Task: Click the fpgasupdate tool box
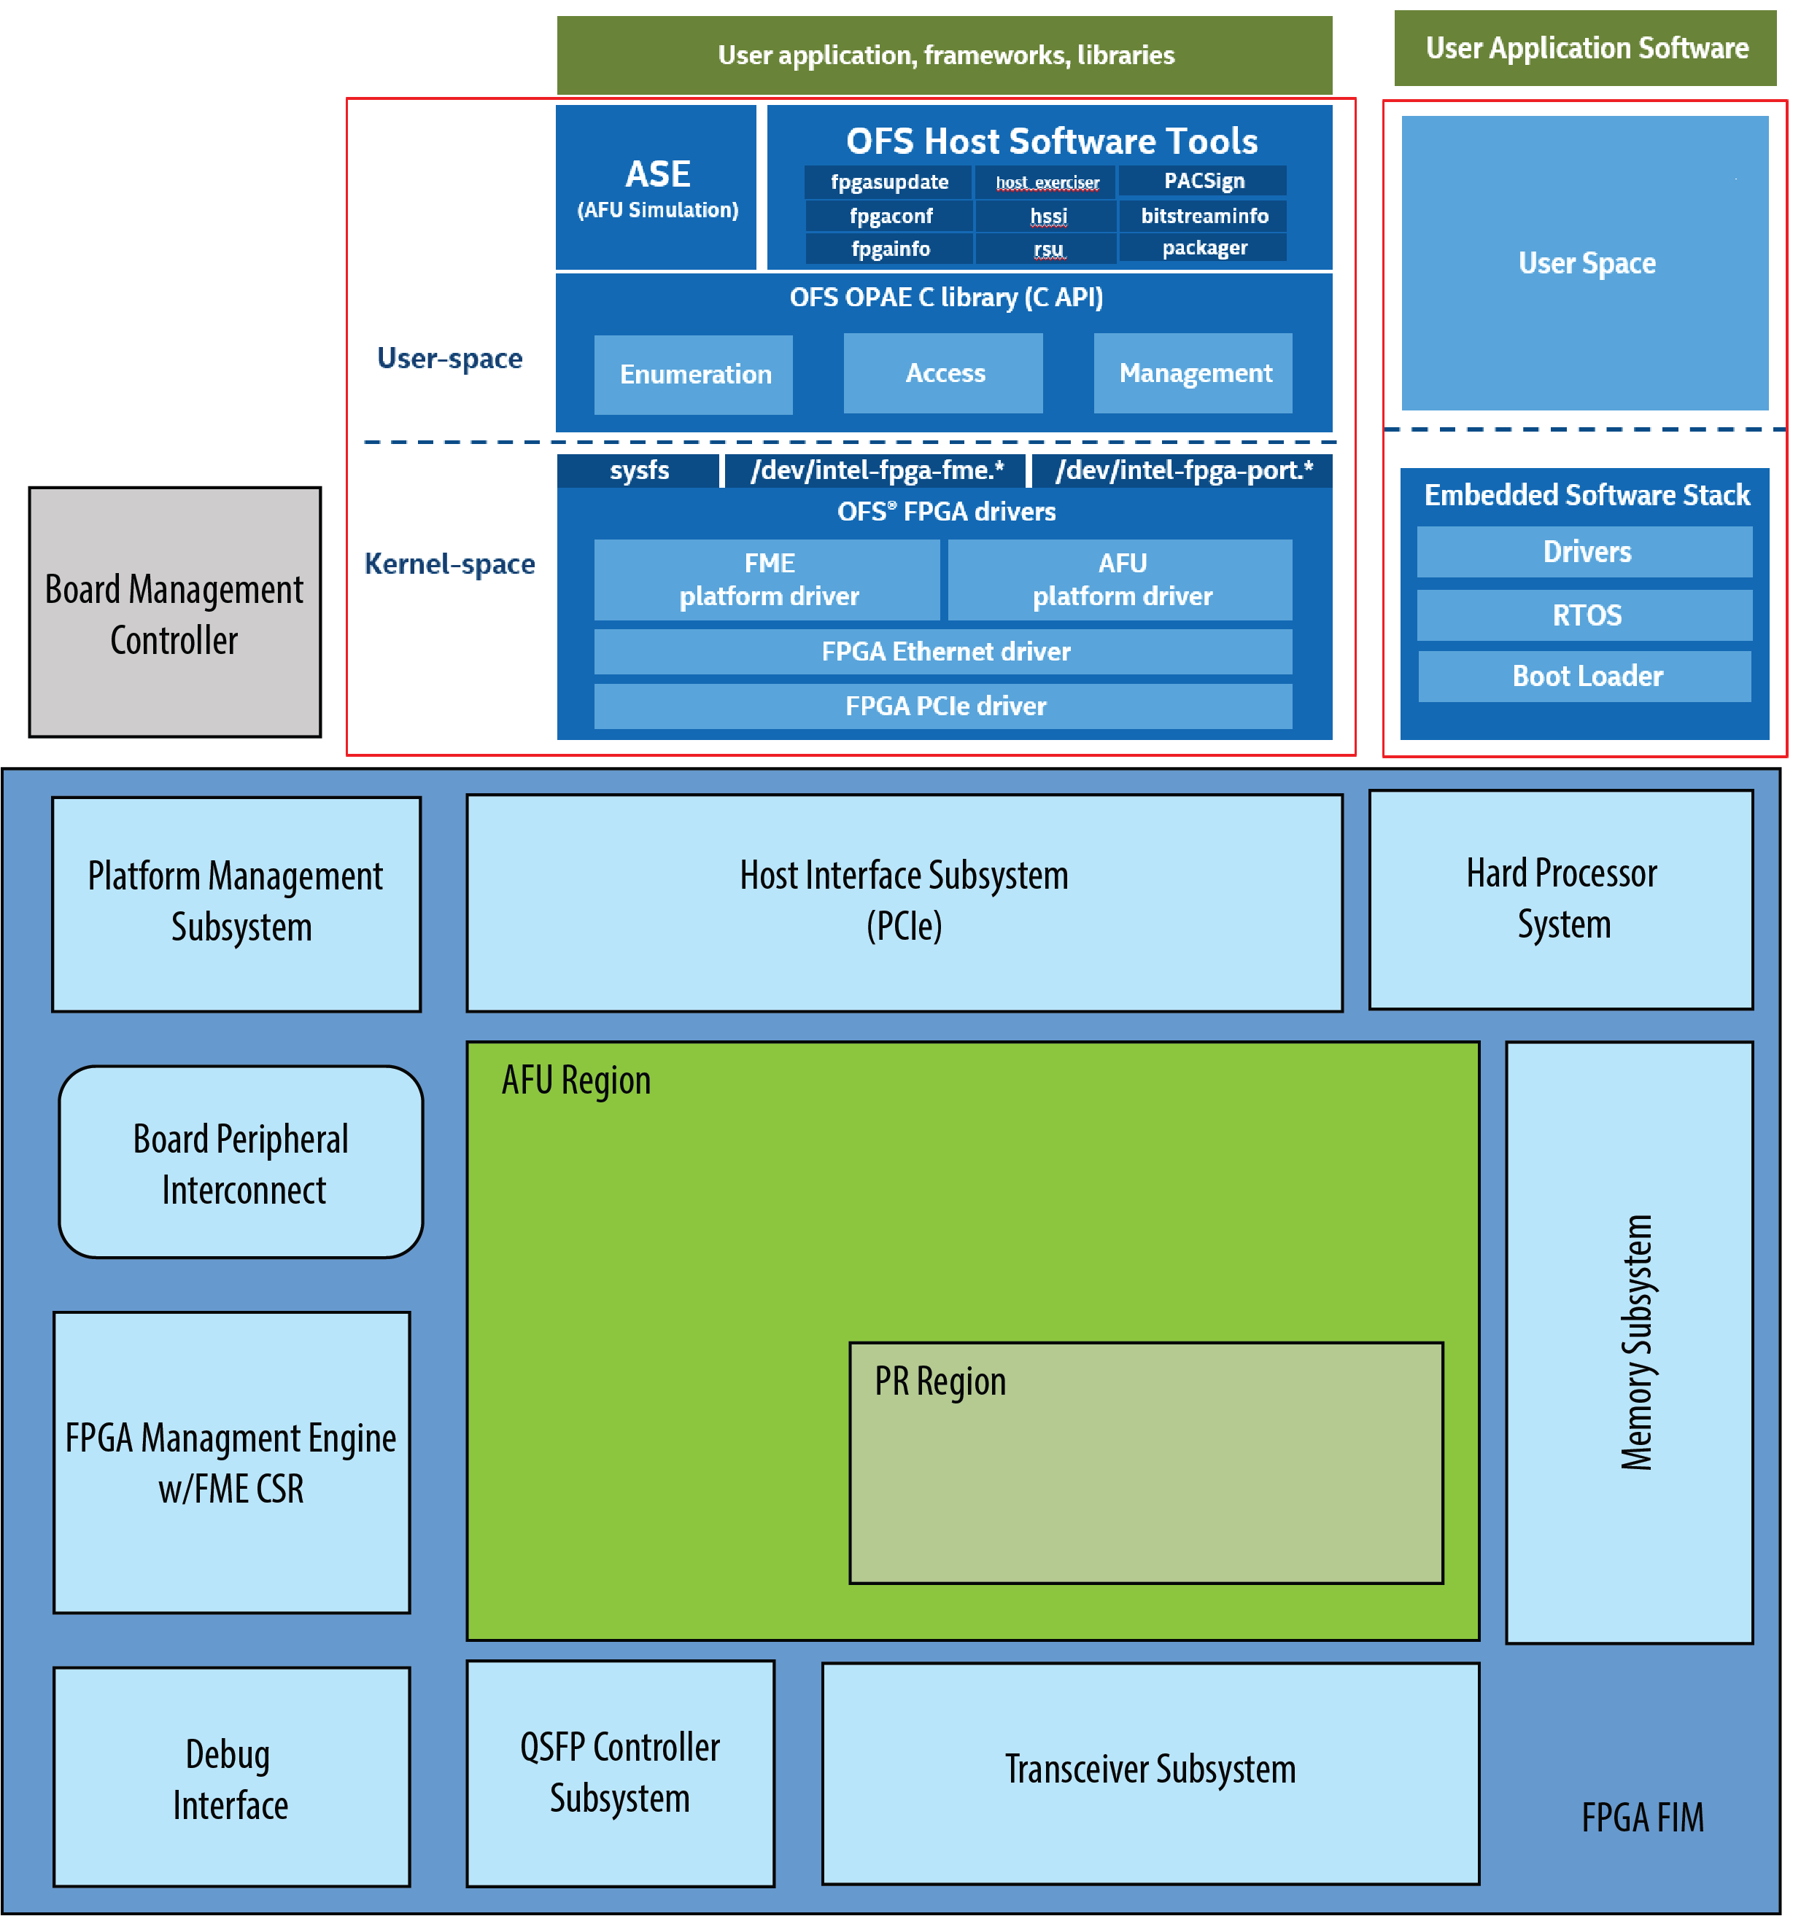tap(889, 182)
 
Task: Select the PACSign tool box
tap(1204, 182)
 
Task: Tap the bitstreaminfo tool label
tap(1204, 216)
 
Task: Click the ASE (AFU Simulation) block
tap(657, 188)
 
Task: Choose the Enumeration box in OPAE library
tap(694, 374)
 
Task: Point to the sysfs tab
tap(638, 470)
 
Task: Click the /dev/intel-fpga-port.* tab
tap(1183, 470)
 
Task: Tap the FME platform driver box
tap(767, 579)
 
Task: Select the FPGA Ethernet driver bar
tap(944, 652)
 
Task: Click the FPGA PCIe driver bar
tap(944, 706)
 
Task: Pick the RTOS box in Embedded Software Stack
tap(1585, 615)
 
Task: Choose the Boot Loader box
tap(1586, 676)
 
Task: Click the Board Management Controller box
tap(174, 613)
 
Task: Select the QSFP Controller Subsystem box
tap(620, 1773)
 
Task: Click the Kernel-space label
tap(449, 564)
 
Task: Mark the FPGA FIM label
tap(1642, 1818)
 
